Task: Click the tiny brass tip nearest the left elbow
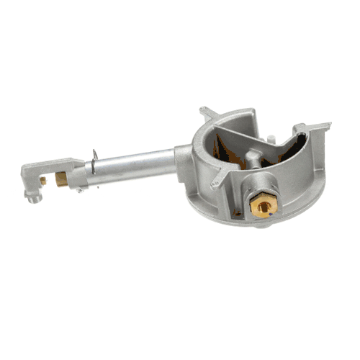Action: point(44,182)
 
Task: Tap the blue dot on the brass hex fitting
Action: point(269,212)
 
